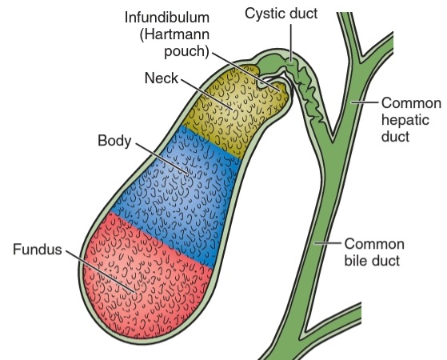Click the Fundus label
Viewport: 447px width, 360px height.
(38, 250)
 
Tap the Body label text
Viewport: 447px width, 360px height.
(114, 141)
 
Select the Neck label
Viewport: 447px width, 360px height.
(162, 78)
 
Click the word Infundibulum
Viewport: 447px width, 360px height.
(167, 18)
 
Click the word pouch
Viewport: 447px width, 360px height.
(185, 51)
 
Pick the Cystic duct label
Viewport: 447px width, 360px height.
(281, 14)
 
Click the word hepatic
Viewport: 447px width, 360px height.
(405, 120)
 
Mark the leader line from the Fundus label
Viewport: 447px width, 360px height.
(100, 271)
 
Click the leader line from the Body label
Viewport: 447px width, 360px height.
(162, 158)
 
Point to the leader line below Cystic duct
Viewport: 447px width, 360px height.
(291, 42)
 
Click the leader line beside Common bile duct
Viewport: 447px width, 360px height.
(328, 243)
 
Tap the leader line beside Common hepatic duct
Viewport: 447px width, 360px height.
(365, 102)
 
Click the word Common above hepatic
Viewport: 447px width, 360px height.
(411, 103)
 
